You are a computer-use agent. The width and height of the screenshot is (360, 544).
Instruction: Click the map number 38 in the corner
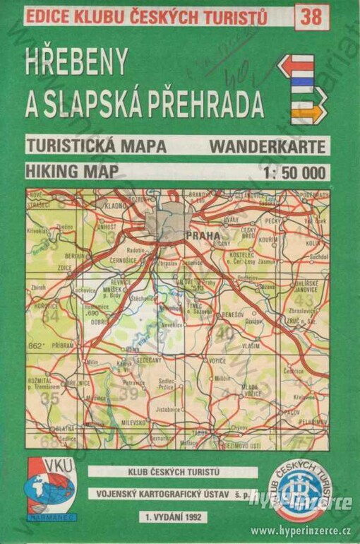(311, 16)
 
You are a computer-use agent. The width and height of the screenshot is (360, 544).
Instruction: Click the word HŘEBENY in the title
(76, 64)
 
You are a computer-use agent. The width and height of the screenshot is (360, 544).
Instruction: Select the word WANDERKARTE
(268, 146)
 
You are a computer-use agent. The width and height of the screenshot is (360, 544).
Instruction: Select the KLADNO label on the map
(114, 205)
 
